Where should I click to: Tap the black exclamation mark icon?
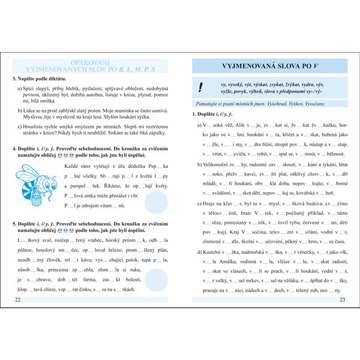pyautogui.click(x=200, y=88)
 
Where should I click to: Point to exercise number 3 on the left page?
pyautogui.click(x=14, y=79)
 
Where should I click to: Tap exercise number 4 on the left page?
pyautogui.click(x=14, y=148)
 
